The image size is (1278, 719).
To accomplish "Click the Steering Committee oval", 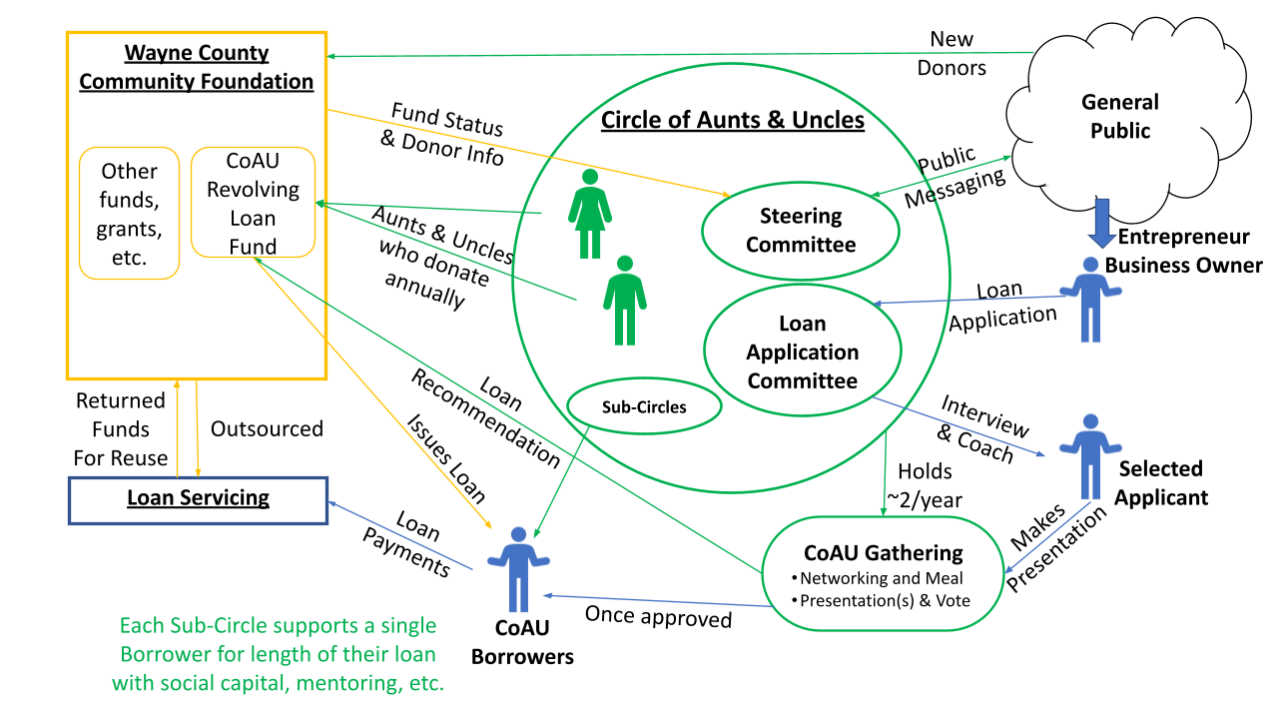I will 801,230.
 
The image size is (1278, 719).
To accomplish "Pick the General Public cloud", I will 1120,116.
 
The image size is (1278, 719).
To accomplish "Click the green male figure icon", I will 625,300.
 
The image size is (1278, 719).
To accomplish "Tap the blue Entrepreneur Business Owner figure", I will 1090,300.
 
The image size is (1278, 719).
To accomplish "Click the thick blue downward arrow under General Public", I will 1100,222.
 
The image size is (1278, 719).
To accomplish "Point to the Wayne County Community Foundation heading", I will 197,67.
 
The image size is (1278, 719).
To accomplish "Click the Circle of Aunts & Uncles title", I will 732,121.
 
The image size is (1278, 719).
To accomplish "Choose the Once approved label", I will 658,617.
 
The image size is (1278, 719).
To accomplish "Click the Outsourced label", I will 267,428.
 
